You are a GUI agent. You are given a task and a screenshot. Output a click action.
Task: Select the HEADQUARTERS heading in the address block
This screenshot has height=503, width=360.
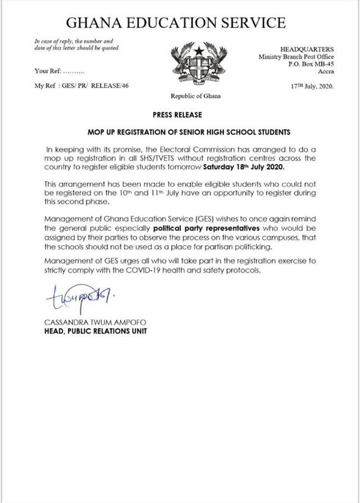coord(307,49)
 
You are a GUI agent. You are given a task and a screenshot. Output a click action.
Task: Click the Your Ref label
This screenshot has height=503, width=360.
coord(47,71)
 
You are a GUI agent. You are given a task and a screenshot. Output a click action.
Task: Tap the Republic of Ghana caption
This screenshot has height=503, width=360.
coord(196,96)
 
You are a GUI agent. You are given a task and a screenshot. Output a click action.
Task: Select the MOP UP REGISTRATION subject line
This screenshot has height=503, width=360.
coord(188,133)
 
